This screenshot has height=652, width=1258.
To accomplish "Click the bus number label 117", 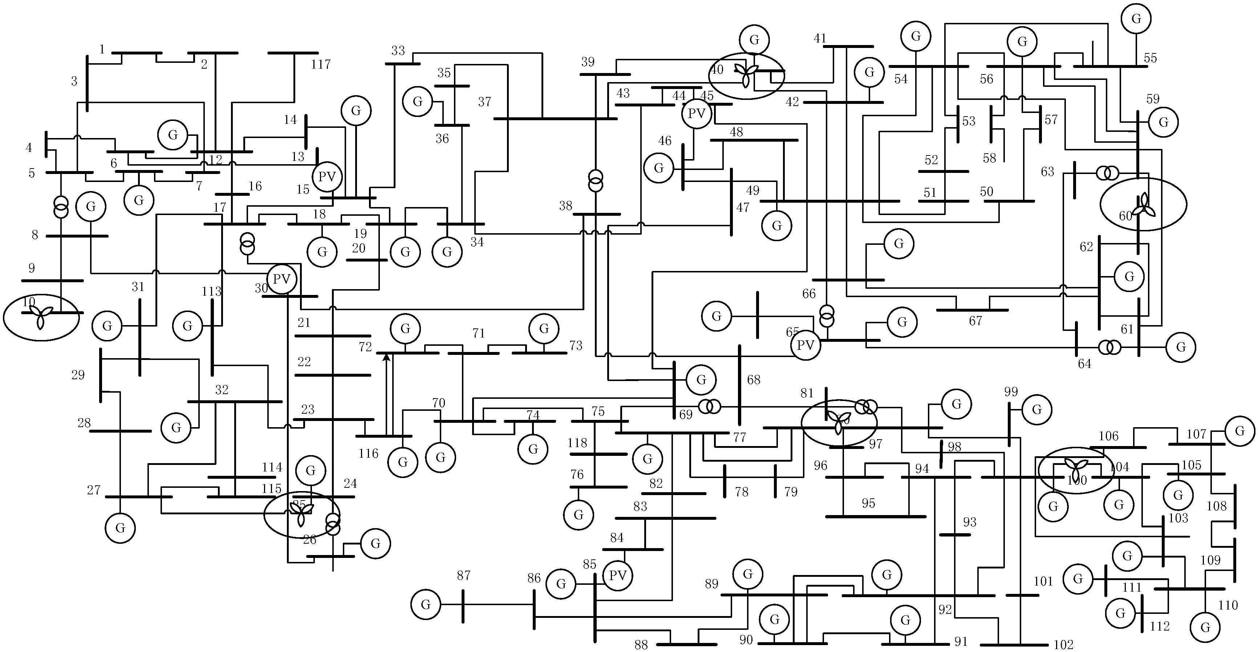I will (321, 64).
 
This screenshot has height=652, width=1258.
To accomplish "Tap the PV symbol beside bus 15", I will (327, 177).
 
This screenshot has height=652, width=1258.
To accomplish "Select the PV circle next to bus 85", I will (617, 576).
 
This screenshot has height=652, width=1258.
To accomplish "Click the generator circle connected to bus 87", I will (426, 605).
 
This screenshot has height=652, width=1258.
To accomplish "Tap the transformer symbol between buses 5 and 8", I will (61, 207).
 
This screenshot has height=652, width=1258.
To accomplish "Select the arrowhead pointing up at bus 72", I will (386, 357).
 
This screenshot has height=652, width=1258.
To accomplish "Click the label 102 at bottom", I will (1063, 645).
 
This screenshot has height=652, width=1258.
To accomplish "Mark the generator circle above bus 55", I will (1136, 19).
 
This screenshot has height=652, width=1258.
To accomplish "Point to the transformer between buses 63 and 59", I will (1107, 173).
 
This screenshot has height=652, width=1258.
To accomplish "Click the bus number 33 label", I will (398, 51).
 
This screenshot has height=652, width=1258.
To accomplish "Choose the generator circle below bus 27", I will (120, 528).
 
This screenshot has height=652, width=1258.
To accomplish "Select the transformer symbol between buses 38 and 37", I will (595, 181).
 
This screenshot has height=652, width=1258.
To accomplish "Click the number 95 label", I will (868, 503).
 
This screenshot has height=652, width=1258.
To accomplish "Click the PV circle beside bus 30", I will (282, 279).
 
